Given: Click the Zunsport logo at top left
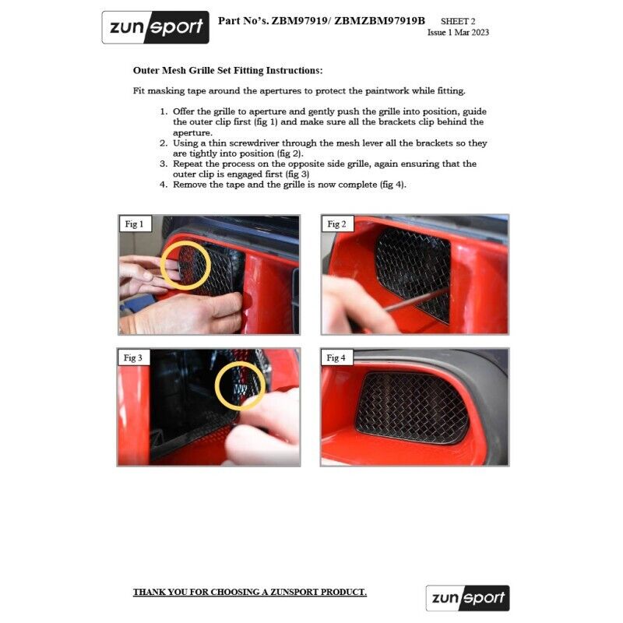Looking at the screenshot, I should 155,27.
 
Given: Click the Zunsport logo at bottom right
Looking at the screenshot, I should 467,598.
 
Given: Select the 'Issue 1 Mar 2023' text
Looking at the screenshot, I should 458,33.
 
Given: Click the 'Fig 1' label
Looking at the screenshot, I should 134,224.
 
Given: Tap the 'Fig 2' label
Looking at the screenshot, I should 336,224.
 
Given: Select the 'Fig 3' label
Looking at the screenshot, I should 134,358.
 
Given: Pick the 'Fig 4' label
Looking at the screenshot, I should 336,358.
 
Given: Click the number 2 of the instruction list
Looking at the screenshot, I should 164,143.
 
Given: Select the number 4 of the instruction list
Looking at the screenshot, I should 164,185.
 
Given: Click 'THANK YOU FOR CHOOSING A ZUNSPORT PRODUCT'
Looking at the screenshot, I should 249,593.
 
